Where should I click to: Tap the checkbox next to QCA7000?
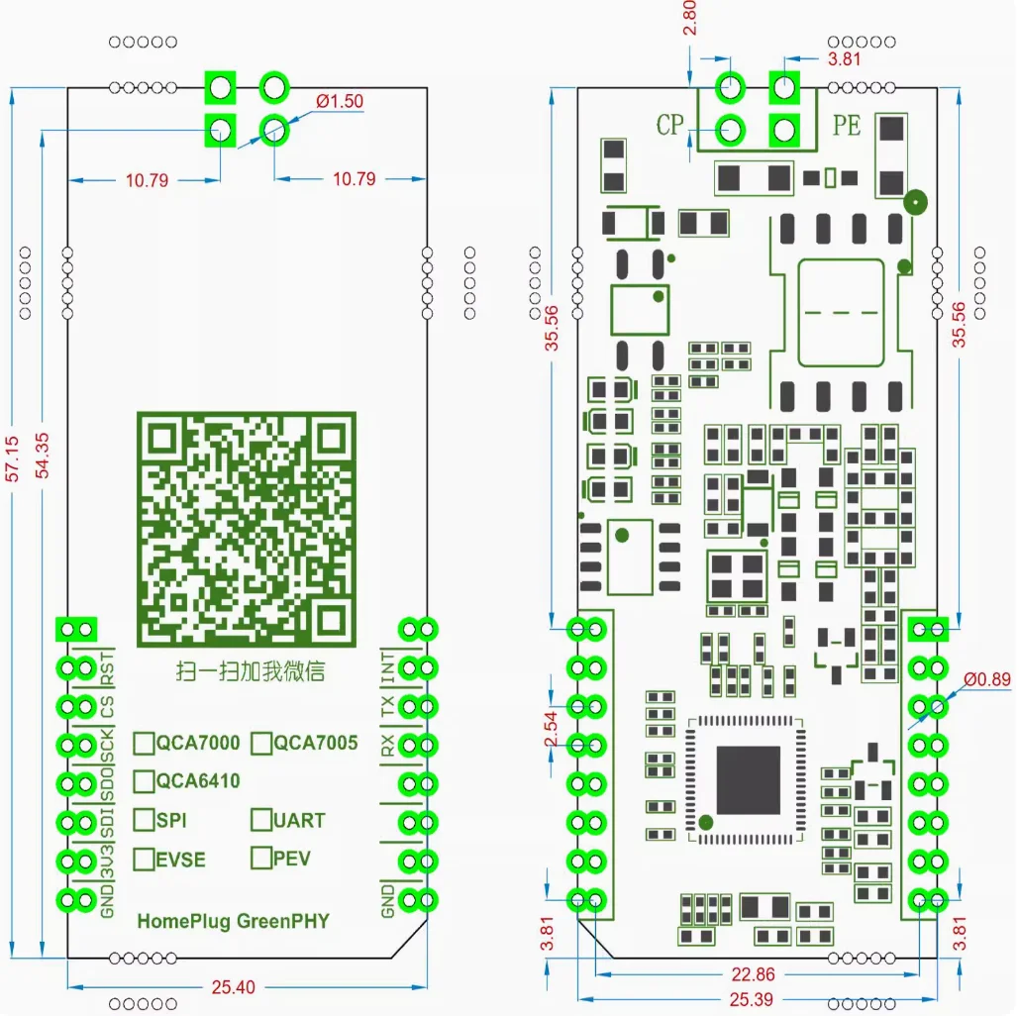pyautogui.click(x=145, y=743)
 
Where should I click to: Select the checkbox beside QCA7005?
pyautogui.click(x=261, y=743)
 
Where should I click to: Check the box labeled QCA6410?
pyautogui.click(x=145, y=781)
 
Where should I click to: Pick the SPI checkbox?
pyautogui.click(x=145, y=820)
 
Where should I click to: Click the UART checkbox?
pyautogui.click(x=261, y=820)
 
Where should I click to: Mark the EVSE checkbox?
pyautogui.click(x=145, y=858)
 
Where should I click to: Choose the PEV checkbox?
pyautogui.click(x=261, y=858)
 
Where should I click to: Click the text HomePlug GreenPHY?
pyautogui.click(x=233, y=922)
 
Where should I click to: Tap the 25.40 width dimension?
pyautogui.click(x=234, y=987)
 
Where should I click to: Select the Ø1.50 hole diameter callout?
pyautogui.click(x=340, y=101)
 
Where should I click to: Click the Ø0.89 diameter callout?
pyautogui.click(x=988, y=679)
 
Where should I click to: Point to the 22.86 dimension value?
pyautogui.click(x=755, y=975)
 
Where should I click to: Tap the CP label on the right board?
pyautogui.click(x=670, y=125)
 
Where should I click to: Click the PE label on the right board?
pyautogui.click(x=847, y=125)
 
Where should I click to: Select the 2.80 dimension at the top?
pyautogui.click(x=690, y=18)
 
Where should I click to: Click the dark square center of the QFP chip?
pyautogui.click(x=749, y=780)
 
